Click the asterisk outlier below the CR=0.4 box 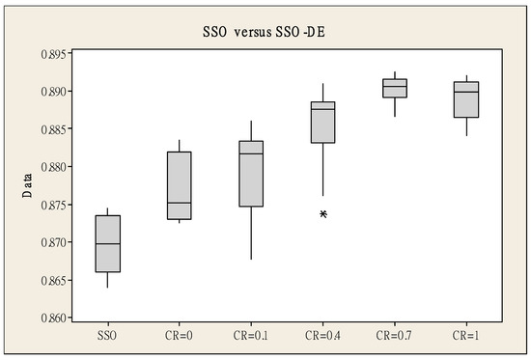coord(323,214)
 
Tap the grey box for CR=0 coord(180,185)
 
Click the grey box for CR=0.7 coord(394,88)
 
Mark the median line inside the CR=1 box coord(466,92)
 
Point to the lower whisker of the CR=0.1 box coord(251,233)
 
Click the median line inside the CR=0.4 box coord(323,109)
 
